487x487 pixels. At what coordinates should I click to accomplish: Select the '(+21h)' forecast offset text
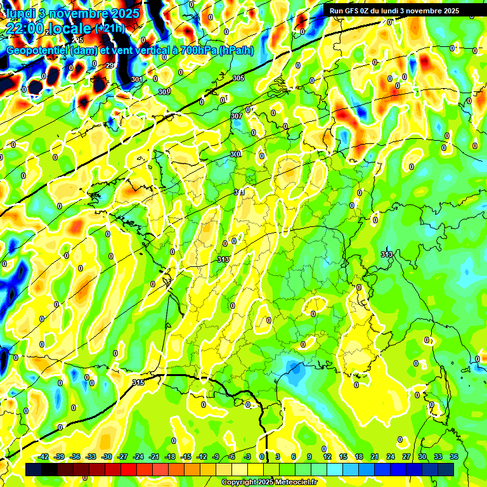pos(110,28)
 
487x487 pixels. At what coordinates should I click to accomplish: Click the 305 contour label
pos(238,78)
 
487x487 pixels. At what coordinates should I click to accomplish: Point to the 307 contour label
pos(237,116)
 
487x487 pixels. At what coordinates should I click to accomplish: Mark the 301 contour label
pos(136,79)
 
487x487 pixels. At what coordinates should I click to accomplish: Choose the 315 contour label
pos(138,382)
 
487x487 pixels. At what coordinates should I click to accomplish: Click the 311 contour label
pos(239,192)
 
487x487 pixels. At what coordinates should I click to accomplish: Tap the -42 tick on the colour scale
pos(44,457)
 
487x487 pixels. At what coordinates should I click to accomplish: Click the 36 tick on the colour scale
pos(453,457)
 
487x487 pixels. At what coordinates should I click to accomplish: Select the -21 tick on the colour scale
pos(154,457)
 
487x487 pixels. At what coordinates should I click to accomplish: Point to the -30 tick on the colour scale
pos(107,457)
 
